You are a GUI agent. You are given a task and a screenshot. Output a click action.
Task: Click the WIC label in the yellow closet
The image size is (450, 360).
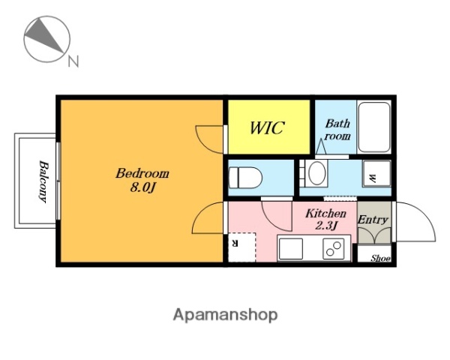267,127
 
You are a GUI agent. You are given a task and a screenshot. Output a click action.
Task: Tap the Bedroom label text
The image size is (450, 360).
142,174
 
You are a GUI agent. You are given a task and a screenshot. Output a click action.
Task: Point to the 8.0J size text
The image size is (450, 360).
142,187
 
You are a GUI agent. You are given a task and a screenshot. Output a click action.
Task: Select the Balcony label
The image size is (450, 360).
44,181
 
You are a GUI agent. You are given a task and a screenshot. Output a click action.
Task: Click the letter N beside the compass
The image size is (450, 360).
73,61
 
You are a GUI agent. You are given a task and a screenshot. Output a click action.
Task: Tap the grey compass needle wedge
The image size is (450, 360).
43,35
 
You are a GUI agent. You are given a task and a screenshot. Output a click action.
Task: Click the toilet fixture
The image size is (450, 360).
245,178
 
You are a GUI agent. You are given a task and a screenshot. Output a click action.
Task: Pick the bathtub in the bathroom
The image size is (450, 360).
374,127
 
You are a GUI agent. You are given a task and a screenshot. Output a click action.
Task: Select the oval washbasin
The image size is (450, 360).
316,173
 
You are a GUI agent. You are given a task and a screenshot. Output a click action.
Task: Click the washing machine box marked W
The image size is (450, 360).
376,173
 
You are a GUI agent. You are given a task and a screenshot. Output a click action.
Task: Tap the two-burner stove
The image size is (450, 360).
334,249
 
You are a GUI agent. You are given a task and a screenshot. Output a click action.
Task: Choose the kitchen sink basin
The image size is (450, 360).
291,249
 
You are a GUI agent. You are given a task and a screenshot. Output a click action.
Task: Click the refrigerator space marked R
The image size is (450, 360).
241,247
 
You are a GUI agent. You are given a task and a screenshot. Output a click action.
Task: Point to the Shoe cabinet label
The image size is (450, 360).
380,258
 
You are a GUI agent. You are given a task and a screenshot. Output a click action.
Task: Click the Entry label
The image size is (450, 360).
373,220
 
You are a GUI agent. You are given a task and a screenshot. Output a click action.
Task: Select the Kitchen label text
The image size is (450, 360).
325,214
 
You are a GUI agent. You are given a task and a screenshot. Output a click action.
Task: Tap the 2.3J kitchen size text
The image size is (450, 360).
325,226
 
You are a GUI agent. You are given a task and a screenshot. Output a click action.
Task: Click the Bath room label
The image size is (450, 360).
337,130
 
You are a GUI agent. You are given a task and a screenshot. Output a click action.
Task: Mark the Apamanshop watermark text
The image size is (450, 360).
225,315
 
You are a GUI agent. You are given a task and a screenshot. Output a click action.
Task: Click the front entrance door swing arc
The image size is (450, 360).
426,216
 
